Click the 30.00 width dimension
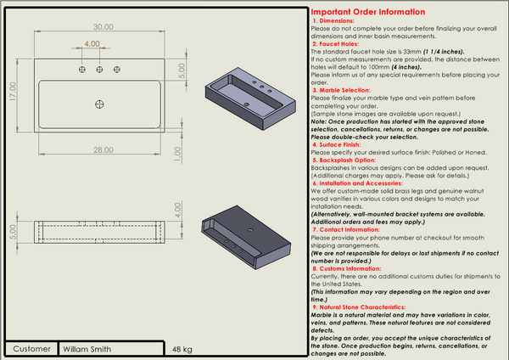[103, 27]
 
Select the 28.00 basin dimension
[103, 149]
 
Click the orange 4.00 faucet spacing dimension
[92, 44]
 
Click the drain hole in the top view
[100, 104]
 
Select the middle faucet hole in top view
[100, 70]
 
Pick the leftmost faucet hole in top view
[82, 70]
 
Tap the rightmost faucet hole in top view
[118, 70]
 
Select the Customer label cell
[32, 348]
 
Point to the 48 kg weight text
[182, 349]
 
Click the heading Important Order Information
[368, 12]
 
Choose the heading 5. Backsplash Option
[349, 160]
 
